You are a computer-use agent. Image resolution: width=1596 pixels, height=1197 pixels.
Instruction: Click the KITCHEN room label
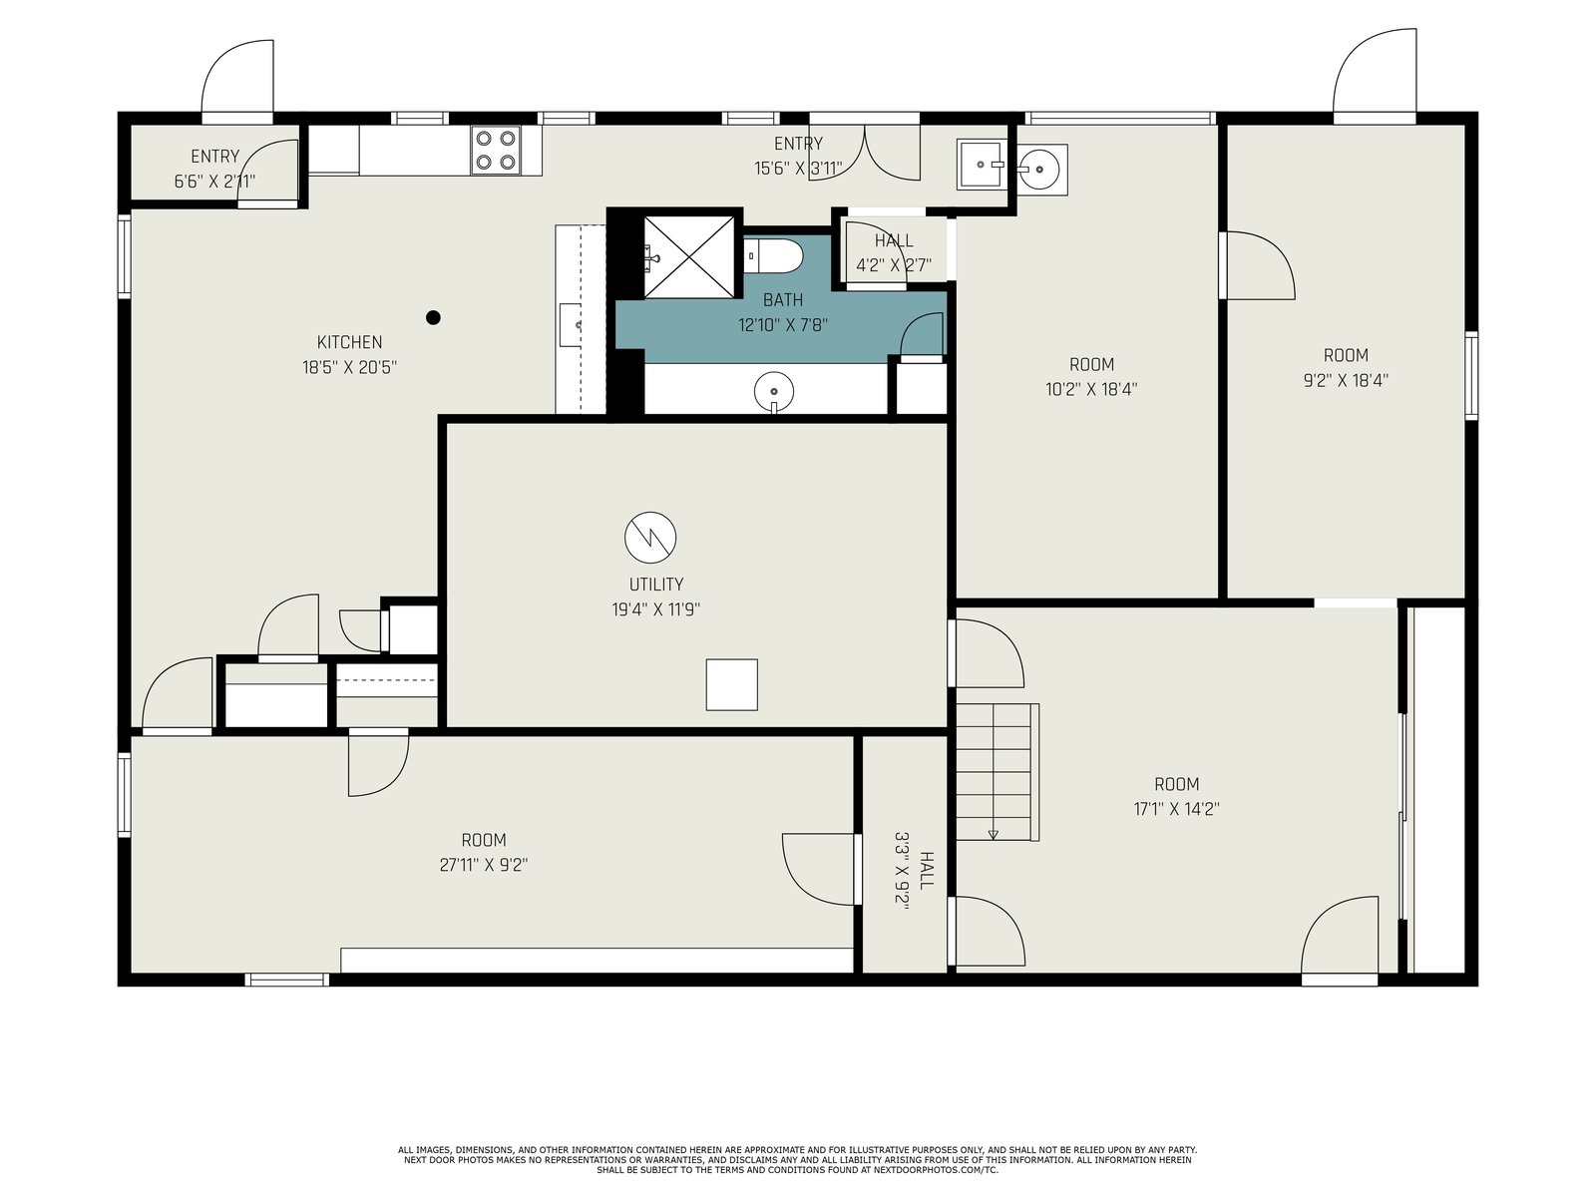(350, 341)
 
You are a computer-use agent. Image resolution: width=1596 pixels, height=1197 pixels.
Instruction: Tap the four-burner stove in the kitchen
(495, 151)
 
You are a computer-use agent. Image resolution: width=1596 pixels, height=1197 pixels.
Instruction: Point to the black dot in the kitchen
(433, 317)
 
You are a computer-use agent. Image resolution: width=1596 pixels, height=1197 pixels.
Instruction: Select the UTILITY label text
(655, 585)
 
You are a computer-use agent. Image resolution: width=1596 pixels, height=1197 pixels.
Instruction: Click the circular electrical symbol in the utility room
(650, 538)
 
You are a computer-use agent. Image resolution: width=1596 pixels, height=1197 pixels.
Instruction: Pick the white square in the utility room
(731, 684)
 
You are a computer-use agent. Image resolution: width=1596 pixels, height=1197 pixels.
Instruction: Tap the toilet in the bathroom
(773, 255)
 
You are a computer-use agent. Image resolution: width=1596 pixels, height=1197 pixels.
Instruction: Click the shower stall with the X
(689, 257)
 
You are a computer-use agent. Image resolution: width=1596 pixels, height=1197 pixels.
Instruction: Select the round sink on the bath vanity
(774, 392)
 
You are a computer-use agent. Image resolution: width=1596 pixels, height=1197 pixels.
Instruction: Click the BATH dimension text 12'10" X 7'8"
(783, 324)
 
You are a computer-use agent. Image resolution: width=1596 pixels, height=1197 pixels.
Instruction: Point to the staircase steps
(997, 772)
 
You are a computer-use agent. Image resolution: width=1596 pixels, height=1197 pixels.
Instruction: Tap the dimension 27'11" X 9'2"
(484, 865)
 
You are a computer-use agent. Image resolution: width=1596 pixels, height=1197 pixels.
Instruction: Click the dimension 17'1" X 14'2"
(1176, 809)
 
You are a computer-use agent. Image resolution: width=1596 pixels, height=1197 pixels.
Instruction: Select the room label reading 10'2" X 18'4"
(1091, 389)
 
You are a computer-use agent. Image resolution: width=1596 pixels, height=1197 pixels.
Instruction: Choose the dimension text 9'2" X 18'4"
(1346, 380)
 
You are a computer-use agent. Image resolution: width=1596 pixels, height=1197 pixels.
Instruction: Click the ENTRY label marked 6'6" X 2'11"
(215, 169)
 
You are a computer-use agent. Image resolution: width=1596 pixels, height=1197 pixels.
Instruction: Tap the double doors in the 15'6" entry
(865, 153)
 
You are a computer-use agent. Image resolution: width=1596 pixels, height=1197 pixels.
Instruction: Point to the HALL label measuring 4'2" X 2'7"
(894, 253)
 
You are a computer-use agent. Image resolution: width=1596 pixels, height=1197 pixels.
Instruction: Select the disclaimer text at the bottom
(798, 1160)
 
